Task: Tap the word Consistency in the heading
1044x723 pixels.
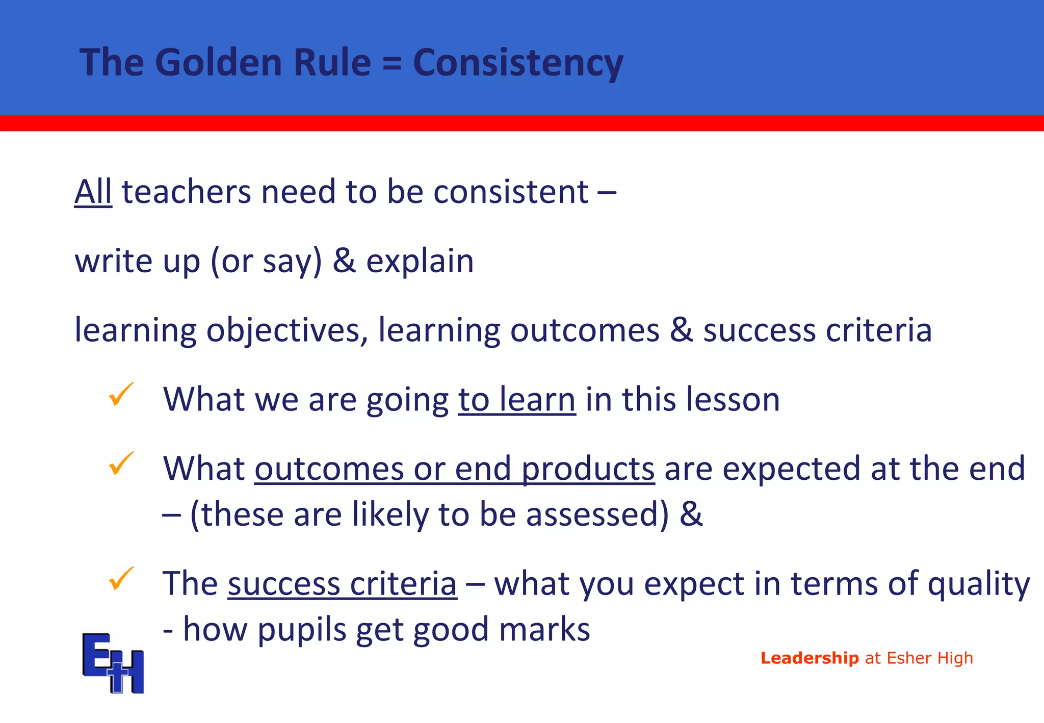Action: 518,62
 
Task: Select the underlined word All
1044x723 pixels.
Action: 93,192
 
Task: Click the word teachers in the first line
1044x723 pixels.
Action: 186,192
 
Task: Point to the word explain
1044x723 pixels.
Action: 420,261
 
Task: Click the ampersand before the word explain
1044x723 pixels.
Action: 344,261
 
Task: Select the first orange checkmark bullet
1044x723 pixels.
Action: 121,394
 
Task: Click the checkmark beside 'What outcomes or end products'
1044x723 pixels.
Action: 121,463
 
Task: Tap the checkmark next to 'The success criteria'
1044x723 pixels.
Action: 121,578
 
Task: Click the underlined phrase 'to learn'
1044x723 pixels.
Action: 517,399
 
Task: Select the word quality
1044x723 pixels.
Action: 978,584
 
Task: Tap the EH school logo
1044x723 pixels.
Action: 113,663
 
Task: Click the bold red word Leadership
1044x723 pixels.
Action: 810,658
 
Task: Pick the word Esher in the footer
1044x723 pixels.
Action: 909,658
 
